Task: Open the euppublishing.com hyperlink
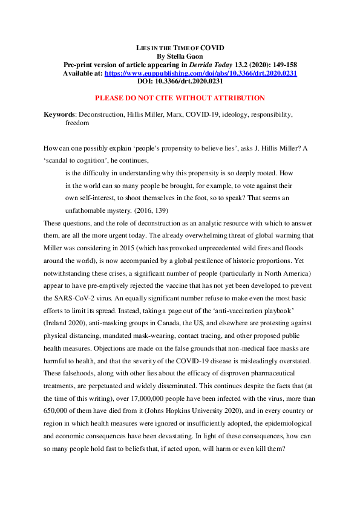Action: [192, 73]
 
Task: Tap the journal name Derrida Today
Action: [210, 64]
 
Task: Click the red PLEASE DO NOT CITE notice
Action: [180, 98]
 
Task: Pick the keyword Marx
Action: [173, 114]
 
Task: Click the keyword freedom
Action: [77, 123]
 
